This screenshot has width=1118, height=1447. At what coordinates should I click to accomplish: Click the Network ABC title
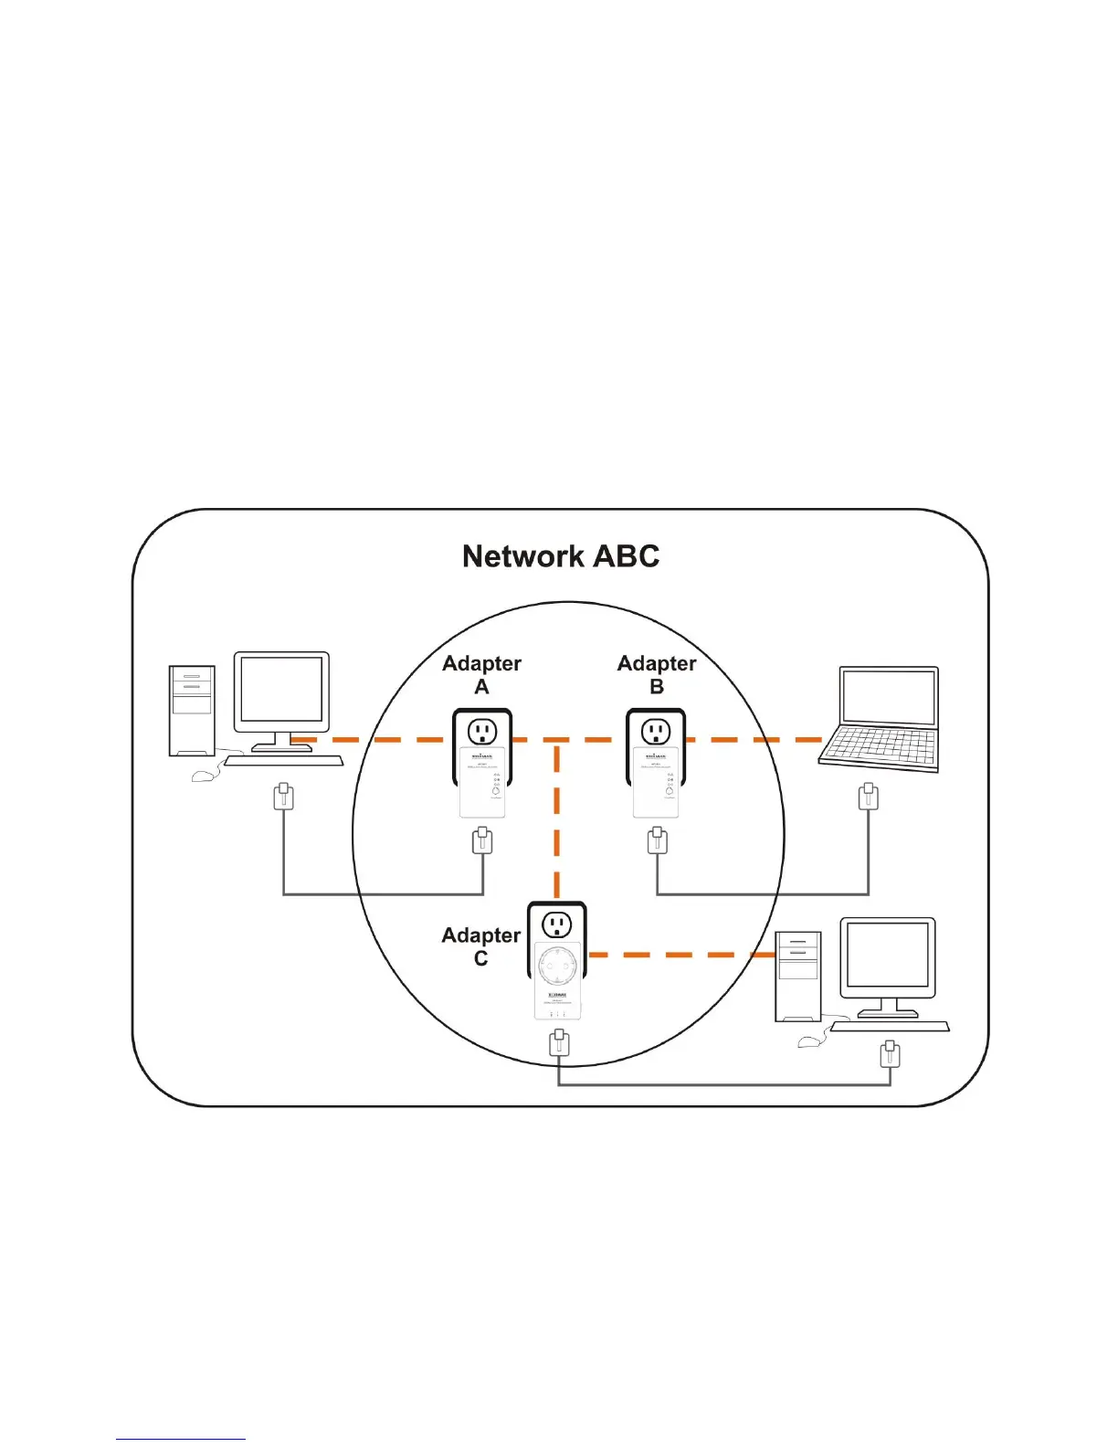coord(560,556)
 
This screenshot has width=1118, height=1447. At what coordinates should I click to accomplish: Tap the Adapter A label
coord(481,674)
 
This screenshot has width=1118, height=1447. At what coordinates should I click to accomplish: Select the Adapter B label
coord(657,674)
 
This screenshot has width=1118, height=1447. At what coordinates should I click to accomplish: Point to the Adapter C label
coord(480,946)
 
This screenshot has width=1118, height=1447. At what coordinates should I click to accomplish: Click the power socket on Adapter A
coord(482,731)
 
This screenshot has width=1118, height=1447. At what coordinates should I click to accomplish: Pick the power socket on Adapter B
coord(656,731)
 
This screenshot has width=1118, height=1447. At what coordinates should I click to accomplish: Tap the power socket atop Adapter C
coord(557,924)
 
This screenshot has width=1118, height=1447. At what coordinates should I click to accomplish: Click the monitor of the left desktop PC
coord(281,692)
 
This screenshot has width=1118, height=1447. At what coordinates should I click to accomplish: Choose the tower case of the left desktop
coord(192,711)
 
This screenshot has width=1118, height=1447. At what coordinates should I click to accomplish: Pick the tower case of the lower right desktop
coord(797,976)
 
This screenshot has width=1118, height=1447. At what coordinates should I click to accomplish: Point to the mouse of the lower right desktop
coord(812,1040)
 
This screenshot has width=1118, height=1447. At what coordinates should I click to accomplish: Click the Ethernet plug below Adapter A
coord(482,840)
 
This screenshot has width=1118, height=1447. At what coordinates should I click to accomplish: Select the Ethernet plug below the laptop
coord(869,797)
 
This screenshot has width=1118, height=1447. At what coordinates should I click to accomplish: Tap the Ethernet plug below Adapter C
coord(559,1042)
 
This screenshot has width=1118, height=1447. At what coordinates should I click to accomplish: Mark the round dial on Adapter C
coord(557,964)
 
